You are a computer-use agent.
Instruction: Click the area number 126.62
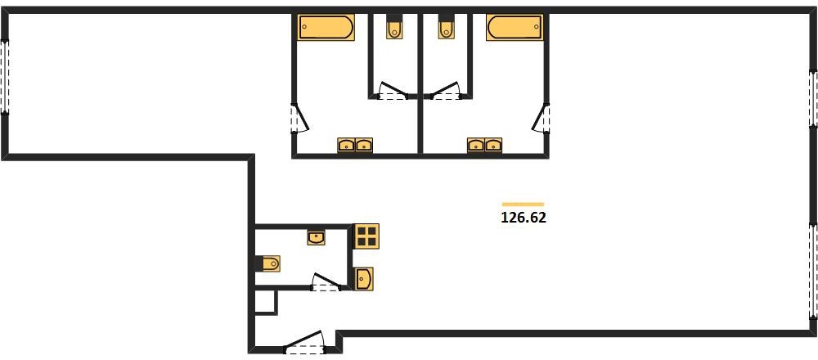(x=524, y=218)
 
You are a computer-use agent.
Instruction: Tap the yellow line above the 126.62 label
(x=523, y=204)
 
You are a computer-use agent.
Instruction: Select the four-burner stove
(x=366, y=236)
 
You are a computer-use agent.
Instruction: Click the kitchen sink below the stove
(x=364, y=279)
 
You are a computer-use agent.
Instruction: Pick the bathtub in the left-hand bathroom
(x=326, y=27)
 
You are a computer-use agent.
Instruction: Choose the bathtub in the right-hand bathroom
(x=515, y=27)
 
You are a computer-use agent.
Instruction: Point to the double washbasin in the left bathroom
(x=355, y=145)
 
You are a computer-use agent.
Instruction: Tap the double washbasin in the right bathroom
(x=484, y=145)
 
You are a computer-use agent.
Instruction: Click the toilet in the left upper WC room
(x=394, y=29)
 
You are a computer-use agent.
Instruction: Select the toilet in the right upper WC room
(x=446, y=29)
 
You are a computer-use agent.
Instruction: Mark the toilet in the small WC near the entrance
(x=271, y=263)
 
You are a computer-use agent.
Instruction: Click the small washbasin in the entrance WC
(x=316, y=238)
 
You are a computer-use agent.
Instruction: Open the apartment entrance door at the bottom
(x=304, y=344)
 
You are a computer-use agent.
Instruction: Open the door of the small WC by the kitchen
(x=326, y=282)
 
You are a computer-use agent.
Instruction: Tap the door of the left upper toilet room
(x=393, y=91)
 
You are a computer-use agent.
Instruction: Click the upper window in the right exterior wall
(x=813, y=99)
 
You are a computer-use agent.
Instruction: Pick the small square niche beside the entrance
(x=266, y=302)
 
